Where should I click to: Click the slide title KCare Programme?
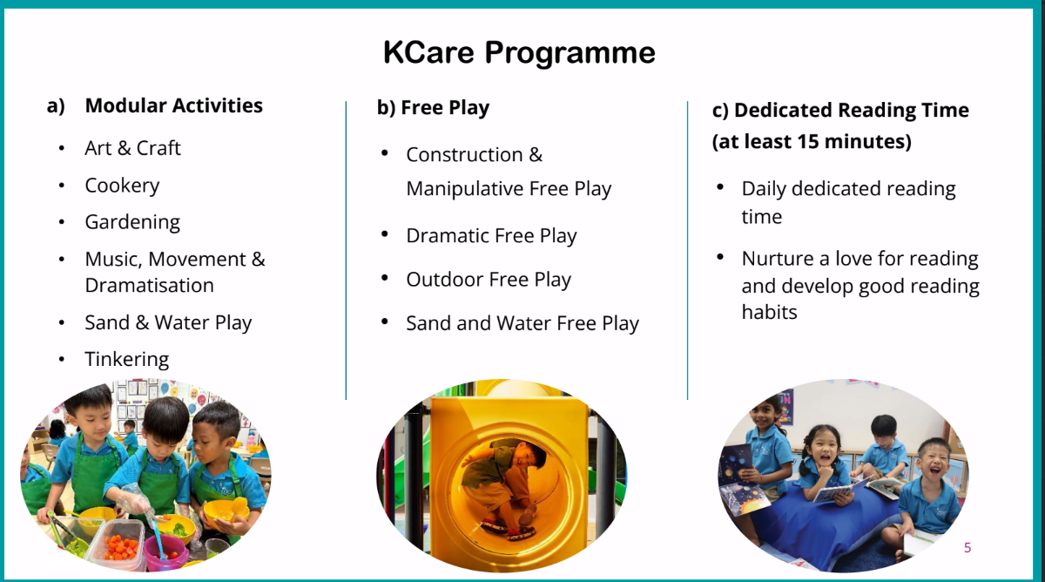pyautogui.click(x=519, y=53)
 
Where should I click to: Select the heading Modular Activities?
pyautogui.click(x=173, y=105)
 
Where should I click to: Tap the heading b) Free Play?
pyautogui.click(x=433, y=108)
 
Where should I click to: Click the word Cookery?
pyautogui.click(x=122, y=186)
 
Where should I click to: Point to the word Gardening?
pyautogui.click(x=132, y=222)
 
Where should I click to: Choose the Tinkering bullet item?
pyautogui.click(x=127, y=359)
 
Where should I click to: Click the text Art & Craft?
pyautogui.click(x=132, y=148)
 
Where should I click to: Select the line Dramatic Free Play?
pyautogui.click(x=491, y=236)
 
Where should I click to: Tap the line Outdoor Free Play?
pyautogui.click(x=489, y=280)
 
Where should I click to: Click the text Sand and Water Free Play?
pyautogui.click(x=522, y=323)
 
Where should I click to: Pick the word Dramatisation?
pyautogui.click(x=149, y=285)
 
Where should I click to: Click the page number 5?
pyautogui.click(x=967, y=547)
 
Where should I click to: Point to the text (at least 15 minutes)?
pyautogui.click(x=812, y=141)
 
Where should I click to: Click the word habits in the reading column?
pyautogui.click(x=769, y=312)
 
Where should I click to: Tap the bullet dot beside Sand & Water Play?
pyautogui.click(x=62, y=322)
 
